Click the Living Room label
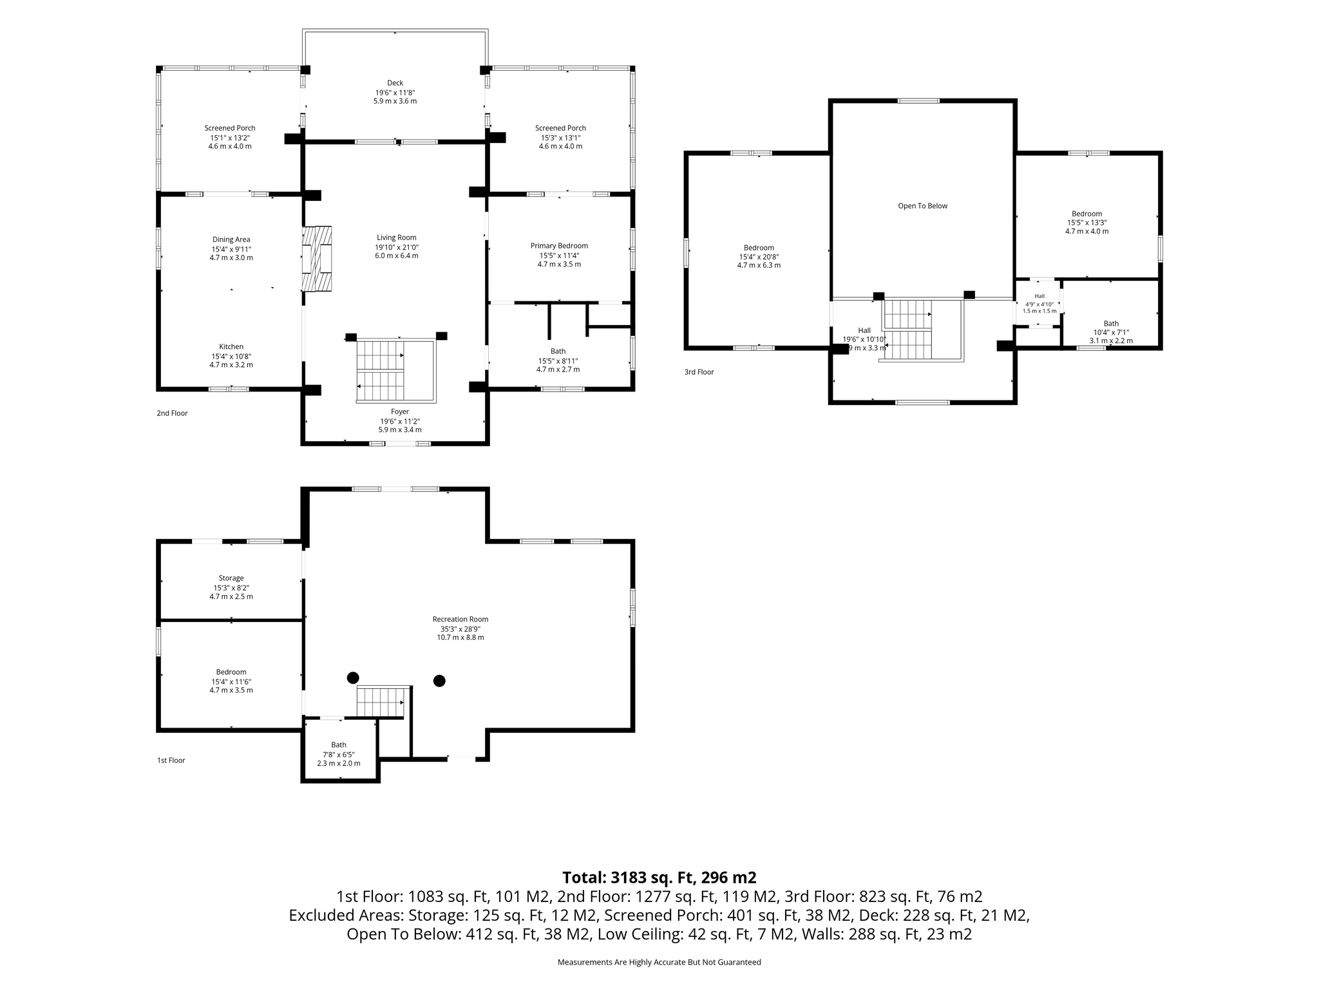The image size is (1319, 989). pos(397,238)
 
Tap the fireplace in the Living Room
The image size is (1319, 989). pos(317,259)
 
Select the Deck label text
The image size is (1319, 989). pos(395,83)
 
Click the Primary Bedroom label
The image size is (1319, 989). pos(559,246)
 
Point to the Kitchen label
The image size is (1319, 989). pos(231,347)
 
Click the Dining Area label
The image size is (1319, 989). pos(231,240)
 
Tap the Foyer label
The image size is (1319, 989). pos(400,412)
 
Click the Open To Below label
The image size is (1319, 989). pos(923,206)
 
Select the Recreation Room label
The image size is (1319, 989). pos(460,619)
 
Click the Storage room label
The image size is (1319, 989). pos(231,578)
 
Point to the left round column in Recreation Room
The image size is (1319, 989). pos(353,677)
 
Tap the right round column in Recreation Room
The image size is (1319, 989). pos(439,681)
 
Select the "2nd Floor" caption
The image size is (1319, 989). pos(173,413)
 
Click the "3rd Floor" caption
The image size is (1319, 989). pos(699,372)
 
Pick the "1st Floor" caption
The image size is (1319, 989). pos(171,760)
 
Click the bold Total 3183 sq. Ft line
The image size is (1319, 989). pos(659,878)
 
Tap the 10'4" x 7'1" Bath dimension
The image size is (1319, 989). pos(1111,332)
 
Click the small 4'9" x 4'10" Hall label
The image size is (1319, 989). pos(1039,304)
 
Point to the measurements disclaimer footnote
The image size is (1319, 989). pos(659,963)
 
